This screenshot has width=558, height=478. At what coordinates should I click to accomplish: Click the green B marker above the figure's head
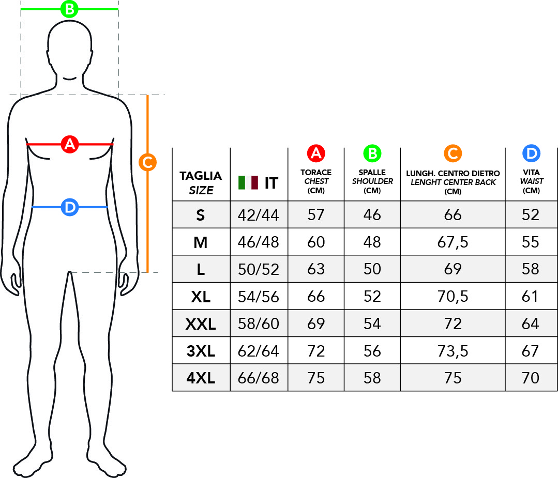click(x=69, y=9)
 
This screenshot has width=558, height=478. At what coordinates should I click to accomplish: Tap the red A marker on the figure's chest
click(x=70, y=144)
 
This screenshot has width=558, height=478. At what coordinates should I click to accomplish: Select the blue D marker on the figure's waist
click(x=70, y=207)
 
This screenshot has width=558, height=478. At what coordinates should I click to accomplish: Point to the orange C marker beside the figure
click(x=148, y=162)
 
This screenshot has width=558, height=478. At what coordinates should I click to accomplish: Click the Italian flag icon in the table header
click(x=248, y=182)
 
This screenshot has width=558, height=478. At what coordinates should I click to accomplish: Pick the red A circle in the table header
click(x=316, y=153)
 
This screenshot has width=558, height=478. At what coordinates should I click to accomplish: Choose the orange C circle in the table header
click(x=453, y=153)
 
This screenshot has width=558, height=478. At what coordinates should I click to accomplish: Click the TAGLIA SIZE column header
click(x=201, y=183)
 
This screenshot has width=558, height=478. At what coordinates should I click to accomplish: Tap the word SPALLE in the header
click(x=372, y=172)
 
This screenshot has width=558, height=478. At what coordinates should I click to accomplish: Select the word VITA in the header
click(x=531, y=172)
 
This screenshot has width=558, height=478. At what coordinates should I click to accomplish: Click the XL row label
click(x=201, y=297)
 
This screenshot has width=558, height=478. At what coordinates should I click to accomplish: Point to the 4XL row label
click(x=201, y=378)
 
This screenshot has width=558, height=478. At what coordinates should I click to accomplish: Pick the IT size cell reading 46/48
click(x=259, y=242)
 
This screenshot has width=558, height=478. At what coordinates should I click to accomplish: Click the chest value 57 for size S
click(x=316, y=215)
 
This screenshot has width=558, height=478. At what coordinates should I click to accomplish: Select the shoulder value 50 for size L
click(x=372, y=269)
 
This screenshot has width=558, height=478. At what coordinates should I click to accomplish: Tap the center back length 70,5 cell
click(x=453, y=297)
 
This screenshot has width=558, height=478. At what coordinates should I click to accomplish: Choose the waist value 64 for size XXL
click(x=531, y=323)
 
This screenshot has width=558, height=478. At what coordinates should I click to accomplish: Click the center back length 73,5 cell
click(x=453, y=351)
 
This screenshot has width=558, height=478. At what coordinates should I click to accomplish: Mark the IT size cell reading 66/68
click(x=259, y=378)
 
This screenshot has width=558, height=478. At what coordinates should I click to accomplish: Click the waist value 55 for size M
click(x=531, y=242)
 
